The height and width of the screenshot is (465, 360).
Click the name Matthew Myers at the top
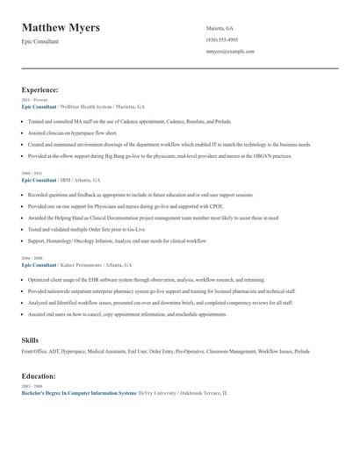61,27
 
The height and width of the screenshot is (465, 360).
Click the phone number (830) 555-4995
222,39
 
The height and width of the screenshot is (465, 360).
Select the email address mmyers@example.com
230,51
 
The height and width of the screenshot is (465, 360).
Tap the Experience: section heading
40,89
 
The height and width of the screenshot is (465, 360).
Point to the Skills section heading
30,339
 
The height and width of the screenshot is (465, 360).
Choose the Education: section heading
39,376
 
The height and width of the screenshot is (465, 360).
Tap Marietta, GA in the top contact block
220,28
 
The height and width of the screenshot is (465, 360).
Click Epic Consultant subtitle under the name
40,41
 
